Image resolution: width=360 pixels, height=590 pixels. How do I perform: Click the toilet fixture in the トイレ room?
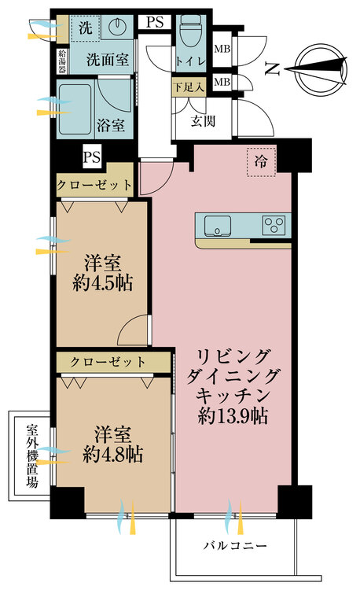click(189, 34)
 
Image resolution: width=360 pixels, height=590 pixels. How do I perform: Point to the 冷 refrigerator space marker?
click(260, 162)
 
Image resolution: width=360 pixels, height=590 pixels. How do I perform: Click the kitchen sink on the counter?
click(219, 225)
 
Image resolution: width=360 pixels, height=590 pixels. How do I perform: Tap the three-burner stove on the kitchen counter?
click(275, 225)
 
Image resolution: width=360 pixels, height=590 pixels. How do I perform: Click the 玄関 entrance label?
click(203, 121)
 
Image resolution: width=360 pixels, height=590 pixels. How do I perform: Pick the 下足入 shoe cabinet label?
click(189, 84)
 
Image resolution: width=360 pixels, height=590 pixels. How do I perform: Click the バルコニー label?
click(236, 545)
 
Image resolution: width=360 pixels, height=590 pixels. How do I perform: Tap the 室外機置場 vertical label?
click(32, 457)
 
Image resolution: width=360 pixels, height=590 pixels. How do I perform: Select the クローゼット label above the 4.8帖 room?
click(107, 362)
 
